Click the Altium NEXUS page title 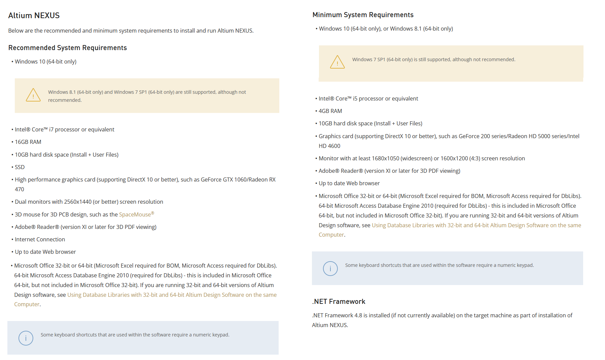34,15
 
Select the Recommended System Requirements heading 68,48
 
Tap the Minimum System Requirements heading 363,15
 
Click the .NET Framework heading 338,302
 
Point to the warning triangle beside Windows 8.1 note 33,95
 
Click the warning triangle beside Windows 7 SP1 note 337,62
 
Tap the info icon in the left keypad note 26,338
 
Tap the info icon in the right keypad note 330,269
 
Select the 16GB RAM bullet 28,142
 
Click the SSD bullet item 19,167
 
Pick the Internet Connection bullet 40,239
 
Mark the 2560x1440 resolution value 78,202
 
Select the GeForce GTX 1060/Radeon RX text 238,179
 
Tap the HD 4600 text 329,146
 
